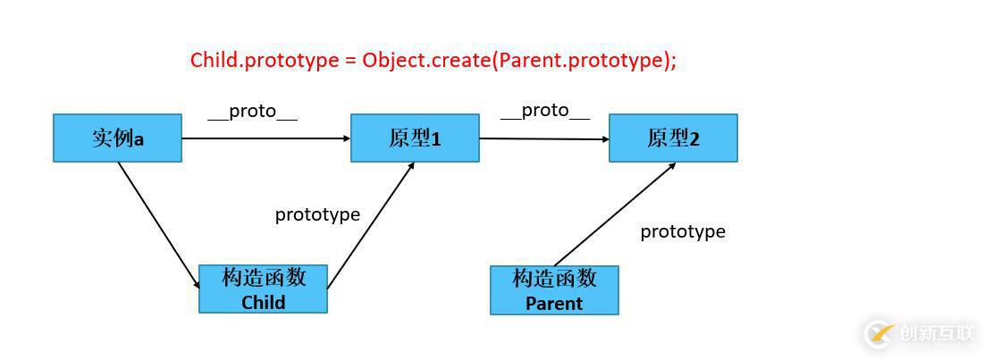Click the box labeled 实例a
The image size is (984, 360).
point(117,138)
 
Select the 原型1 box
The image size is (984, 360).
point(415,138)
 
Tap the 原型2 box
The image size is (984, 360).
point(673,138)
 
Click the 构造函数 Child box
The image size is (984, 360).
point(263,289)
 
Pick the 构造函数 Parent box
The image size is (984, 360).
point(554,290)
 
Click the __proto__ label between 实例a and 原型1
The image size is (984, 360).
point(252,112)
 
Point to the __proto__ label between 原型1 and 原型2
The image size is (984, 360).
point(545,110)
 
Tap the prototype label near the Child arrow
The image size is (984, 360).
point(317,214)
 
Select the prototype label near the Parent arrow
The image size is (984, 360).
point(683,231)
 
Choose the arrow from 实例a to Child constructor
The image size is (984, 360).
point(158,224)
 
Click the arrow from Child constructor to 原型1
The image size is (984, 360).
point(371,225)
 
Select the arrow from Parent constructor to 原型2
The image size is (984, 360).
point(615,214)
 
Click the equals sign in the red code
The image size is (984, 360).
point(350,61)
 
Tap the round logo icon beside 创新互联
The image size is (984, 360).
point(879,333)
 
